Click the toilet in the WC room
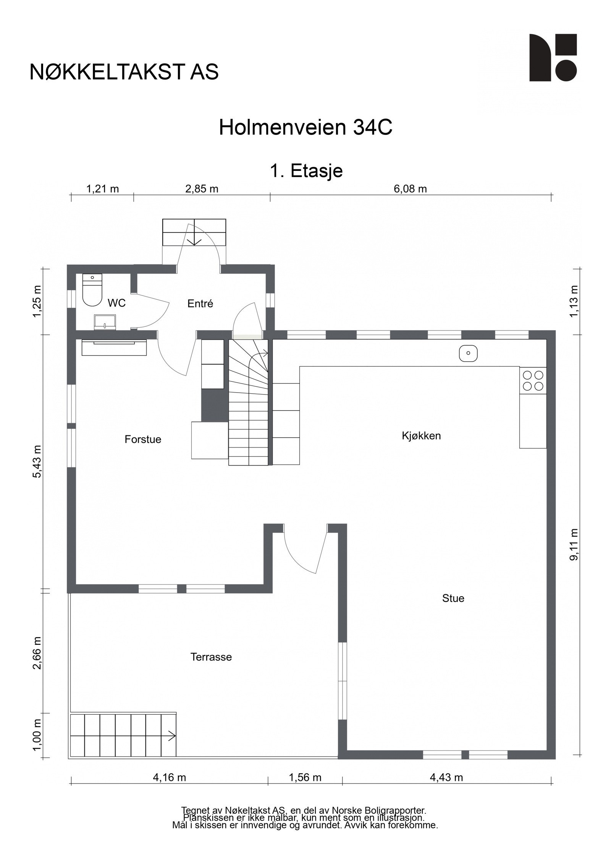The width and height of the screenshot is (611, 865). point(92,290)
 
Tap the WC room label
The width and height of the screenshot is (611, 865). point(116,303)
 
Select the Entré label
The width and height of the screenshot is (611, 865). point(200,304)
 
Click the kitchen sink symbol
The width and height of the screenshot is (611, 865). point(468,354)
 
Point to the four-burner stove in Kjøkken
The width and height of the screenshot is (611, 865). point(533,381)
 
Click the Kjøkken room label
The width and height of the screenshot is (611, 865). point(421,436)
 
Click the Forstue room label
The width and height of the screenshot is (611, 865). point(143,440)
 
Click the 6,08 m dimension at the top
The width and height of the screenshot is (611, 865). point(410,189)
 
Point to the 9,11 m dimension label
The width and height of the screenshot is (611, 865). point(574,544)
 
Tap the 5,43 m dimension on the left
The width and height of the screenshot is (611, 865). point(37,461)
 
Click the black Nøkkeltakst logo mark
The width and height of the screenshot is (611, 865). point(553,57)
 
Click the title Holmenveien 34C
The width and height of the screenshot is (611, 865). point(305,128)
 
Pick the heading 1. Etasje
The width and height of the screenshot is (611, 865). point(306,171)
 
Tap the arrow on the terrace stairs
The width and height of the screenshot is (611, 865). point(171,735)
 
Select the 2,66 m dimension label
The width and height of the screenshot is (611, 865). point(37,653)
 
